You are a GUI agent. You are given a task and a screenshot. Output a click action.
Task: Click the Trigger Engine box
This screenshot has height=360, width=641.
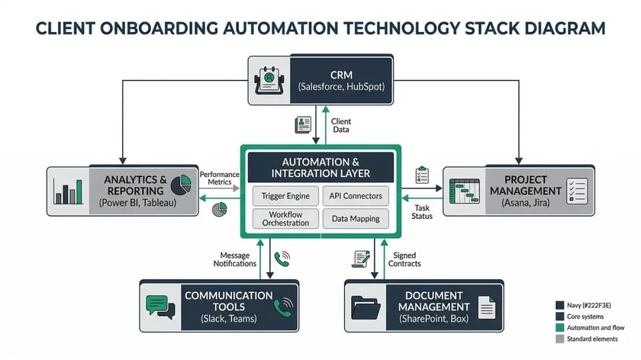285,196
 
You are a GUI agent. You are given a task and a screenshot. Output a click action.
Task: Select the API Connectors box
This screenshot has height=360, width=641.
356,196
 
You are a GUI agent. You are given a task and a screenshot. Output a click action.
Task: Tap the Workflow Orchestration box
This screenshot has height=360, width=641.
285,218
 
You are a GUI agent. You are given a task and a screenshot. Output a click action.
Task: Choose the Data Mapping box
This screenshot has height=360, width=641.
356,219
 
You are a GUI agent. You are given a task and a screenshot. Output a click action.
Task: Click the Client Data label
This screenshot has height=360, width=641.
341,126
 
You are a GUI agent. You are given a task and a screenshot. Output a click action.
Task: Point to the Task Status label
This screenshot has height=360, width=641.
422,212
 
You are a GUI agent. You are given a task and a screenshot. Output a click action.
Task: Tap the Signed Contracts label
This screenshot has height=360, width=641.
404,259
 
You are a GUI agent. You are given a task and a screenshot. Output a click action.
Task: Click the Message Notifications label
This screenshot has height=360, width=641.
237,259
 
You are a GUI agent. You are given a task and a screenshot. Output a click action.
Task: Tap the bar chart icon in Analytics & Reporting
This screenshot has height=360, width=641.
69,191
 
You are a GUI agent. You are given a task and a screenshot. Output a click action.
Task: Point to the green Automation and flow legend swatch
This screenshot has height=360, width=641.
560,328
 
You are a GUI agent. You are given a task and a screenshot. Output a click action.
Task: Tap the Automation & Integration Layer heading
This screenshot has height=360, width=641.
320,167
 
